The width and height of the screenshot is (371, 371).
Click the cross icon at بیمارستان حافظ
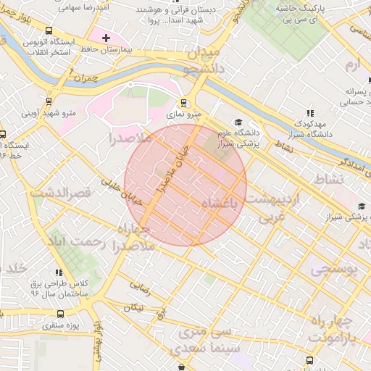107,37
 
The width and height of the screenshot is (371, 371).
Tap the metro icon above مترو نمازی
183,103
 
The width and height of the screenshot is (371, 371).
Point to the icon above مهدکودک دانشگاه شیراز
310,113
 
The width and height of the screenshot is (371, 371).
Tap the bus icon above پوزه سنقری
59,314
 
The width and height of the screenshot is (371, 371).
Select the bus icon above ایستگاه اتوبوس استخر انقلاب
49,30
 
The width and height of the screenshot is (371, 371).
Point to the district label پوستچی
334,269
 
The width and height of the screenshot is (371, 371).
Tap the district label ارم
352,67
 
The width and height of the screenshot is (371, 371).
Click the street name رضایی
139,288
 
